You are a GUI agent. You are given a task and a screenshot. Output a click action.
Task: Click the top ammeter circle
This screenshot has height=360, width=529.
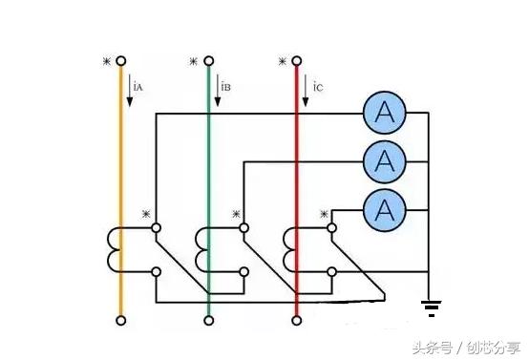tap(385, 114)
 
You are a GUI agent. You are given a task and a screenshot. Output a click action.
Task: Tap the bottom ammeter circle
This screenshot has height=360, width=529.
tap(385, 208)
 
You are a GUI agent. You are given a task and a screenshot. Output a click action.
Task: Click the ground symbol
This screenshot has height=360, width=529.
tap(432, 307)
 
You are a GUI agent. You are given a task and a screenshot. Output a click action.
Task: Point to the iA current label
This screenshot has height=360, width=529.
tap(138, 87)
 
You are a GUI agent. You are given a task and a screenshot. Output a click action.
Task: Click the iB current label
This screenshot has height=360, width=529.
tap(226, 87)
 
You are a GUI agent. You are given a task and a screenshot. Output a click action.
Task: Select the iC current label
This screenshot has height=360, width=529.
tap(317, 87)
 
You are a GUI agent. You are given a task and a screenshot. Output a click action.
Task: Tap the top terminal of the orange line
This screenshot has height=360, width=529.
tap(121, 63)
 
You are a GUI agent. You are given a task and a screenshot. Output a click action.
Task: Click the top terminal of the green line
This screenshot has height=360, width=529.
tap(209, 63)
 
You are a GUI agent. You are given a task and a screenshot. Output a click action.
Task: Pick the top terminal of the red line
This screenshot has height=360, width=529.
tap(298, 63)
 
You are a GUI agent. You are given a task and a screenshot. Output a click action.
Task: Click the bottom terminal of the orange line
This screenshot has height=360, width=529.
tap(121, 319)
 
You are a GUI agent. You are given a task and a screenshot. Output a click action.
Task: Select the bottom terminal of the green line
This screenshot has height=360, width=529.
tap(209, 319)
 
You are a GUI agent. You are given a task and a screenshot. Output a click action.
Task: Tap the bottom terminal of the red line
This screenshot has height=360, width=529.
tap(298, 319)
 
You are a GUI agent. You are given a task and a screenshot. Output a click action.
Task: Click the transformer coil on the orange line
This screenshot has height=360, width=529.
tap(116, 249)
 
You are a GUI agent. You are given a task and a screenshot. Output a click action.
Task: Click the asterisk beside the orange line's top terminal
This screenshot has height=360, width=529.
tap(107, 62)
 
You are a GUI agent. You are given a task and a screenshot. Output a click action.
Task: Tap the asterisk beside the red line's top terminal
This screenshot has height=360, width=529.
tap(283, 62)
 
